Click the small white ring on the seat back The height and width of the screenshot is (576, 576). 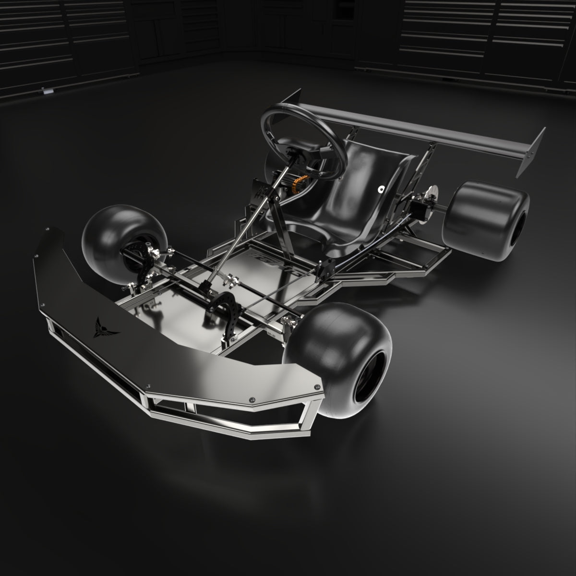(x=381, y=189)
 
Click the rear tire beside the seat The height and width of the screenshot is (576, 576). (x=485, y=221)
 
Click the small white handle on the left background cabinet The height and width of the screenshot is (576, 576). (x=47, y=90)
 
